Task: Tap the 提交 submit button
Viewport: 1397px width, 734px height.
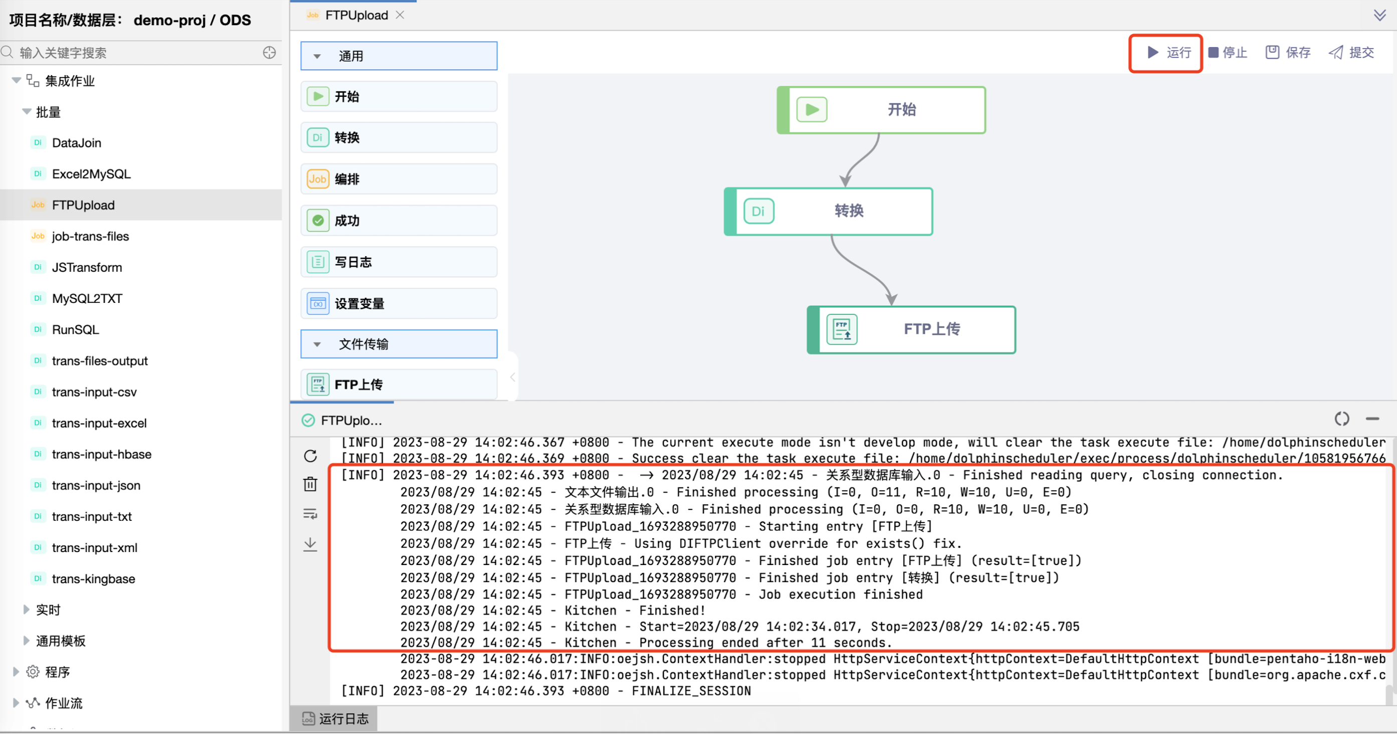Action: (x=1351, y=53)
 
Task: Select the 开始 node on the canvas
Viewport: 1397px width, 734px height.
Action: (x=881, y=110)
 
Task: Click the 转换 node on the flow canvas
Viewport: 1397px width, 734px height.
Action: (x=829, y=211)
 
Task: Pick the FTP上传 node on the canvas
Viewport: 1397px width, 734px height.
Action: (x=911, y=329)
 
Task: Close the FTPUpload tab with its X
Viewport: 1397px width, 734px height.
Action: (x=400, y=15)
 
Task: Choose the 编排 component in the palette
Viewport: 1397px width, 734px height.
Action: (x=399, y=179)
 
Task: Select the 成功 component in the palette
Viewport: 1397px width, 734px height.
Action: (x=399, y=220)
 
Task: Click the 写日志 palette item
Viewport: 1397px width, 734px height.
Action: (x=399, y=262)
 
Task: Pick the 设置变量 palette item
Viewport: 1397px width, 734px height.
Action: (x=399, y=303)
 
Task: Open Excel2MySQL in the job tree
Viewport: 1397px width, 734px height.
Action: (x=91, y=174)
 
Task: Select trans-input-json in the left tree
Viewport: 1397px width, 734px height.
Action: (x=96, y=485)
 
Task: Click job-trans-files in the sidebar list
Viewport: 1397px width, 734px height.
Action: (x=91, y=237)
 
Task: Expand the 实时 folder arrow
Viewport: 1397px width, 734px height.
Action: (x=26, y=610)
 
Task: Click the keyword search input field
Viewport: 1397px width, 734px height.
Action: (x=138, y=53)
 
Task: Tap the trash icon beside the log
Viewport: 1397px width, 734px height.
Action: (x=310, y=484)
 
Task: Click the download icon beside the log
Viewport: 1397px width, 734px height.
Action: (x=310, y=544)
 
